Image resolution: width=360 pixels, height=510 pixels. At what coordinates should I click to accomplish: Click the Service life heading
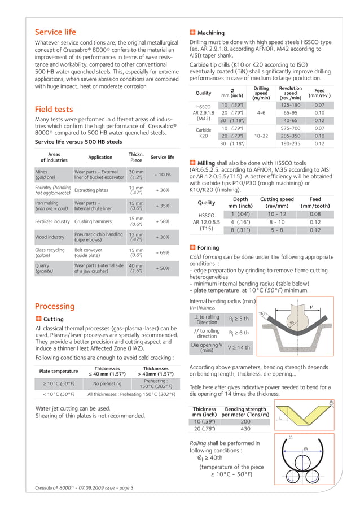(x=55, y=32)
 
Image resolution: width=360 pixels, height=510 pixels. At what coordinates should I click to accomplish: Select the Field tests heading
(x=54, y=109)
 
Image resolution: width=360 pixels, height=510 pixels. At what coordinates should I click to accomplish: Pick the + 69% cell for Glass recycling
(x=162, y=253)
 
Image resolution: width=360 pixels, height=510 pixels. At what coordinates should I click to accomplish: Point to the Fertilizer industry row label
(x=52, y=221)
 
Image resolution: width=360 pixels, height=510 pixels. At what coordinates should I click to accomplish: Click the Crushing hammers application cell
(x=93, y=221)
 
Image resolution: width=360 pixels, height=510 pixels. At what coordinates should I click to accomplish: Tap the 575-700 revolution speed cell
(x=290, y=128)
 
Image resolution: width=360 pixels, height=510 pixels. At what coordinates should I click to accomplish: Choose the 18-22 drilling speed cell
(x=261, y=136)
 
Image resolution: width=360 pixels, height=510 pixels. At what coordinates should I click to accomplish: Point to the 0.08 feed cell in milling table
(x=315, y=214)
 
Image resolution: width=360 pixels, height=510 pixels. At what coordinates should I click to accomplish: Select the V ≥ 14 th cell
(x=239, y=348)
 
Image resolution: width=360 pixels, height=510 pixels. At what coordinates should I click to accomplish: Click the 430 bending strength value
(x=245, y=429)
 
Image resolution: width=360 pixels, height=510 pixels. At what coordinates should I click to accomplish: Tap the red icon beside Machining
(x=193, y=33)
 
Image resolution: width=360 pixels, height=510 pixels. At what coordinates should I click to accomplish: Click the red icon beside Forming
(x=193, y=247)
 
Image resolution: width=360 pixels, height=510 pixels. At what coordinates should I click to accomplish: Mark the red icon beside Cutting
(x=38, y=319)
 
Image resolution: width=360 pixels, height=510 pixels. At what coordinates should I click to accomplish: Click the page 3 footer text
(x=85, y=487)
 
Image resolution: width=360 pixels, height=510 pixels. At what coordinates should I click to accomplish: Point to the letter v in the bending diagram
(x=311, y=307)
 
